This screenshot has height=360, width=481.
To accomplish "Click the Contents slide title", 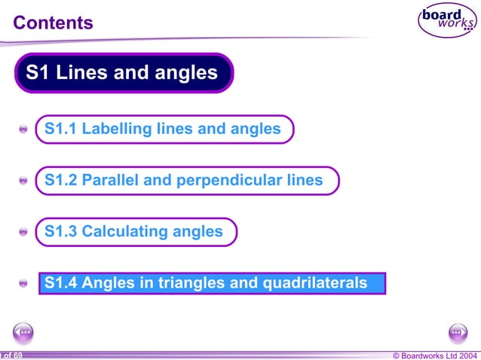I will point(54,23).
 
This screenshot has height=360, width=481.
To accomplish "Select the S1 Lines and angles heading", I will point(122,73).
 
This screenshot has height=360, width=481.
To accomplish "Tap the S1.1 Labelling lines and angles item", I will point(163,129).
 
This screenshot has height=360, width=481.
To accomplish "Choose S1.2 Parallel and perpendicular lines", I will point(184,180).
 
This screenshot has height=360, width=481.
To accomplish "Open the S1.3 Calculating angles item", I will point(134,231).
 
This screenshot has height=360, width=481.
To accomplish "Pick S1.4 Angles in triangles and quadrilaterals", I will point(206,283).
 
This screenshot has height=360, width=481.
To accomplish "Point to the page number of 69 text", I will point(11,355).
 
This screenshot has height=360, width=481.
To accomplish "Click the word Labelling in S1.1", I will point(117,129).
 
